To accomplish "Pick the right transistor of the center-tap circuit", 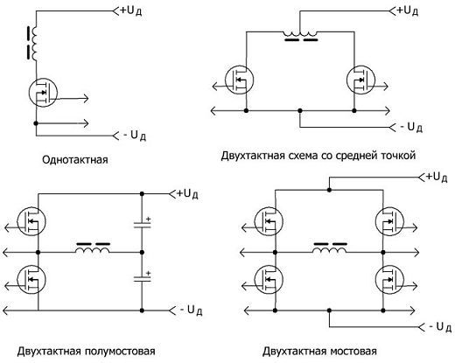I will click(357, 81).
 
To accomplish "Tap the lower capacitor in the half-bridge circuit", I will click(143, 280).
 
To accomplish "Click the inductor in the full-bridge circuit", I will click(328, 250).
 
